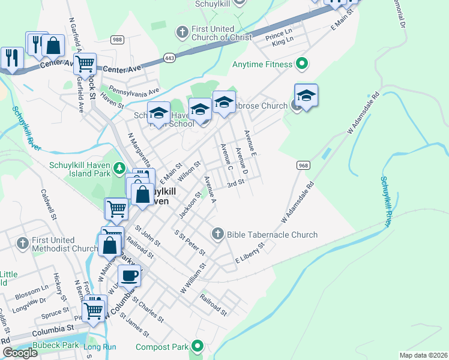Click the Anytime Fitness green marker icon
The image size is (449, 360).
tap(302, 63)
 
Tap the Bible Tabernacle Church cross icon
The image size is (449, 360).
tap(218, 233)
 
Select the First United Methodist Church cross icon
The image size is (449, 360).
tap(22, 243)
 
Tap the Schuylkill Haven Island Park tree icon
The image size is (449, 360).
tap(119, 167)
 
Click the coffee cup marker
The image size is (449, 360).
tap(129, 275)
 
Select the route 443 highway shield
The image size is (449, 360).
tap(169, 57)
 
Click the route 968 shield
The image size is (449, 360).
tap(303, 164)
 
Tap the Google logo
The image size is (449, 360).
tap(20, 353)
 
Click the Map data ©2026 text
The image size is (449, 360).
tap(423, 355)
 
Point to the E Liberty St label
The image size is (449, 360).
tap(250, 253)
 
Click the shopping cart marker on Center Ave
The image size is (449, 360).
tap(85, 62)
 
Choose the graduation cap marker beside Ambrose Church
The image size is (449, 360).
tap(306, 95)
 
